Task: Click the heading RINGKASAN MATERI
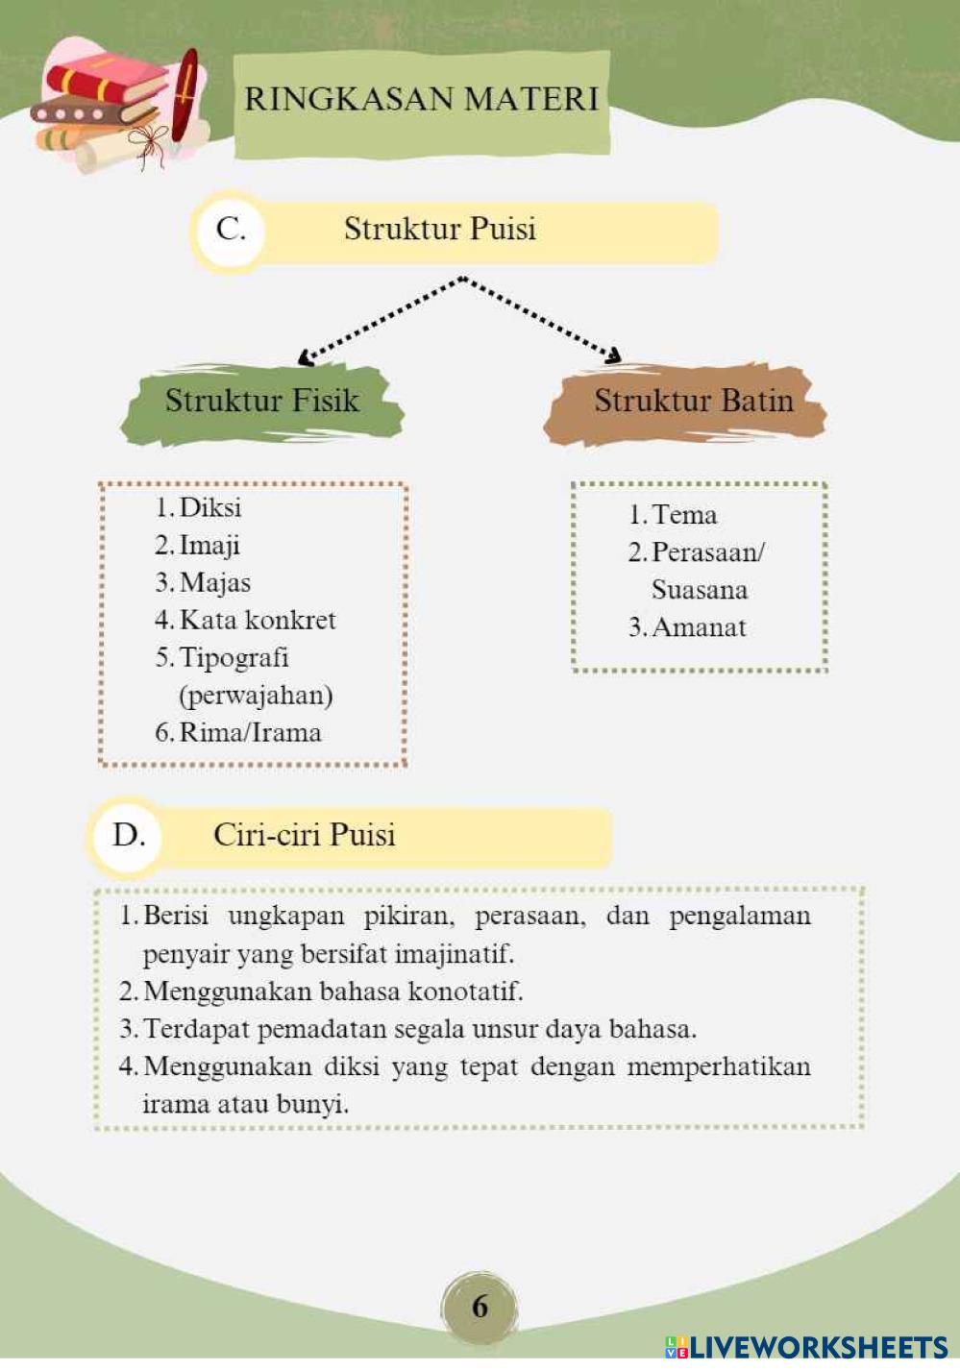421,99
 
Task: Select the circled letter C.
231,230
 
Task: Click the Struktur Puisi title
440,230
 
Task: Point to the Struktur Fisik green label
261,401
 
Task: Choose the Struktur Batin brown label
693,401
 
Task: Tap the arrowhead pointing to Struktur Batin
612,356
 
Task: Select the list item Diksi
209,507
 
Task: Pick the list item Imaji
209,545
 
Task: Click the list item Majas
214,582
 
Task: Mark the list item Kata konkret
258,620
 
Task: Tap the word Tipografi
234,657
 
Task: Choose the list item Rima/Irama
250,732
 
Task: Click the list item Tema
683,515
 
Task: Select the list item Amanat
699,627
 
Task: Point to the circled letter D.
129,835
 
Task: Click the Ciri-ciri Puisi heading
304,835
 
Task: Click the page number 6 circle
480,1306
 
